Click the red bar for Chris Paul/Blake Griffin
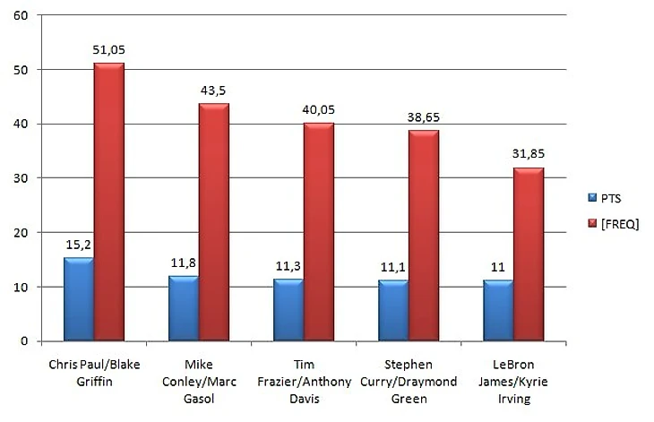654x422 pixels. pyautogui.click(x=108, y=202)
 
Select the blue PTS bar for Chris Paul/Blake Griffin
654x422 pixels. pyautogui.click(x=78, y=299)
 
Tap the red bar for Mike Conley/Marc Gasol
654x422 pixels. pyautogui.click(x=213, y=222)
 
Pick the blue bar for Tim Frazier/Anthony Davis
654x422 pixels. pyautogui.click(x=288, y=310)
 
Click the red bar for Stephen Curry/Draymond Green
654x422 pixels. pyautogui.click(x=423, y=236)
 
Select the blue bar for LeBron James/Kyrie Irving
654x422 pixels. pyautogui.click(x=498, y=311)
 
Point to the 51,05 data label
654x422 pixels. pyautogui.click(x=109, y=51)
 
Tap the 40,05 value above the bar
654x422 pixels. pyautogui.click(x=319, y=111)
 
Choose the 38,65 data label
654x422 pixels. pyautogui.click(x=424, y=118)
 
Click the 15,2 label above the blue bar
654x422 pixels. pyautogui.click(x=78, y=245)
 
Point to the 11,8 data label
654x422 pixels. pyautogui.click(x=183, y=264)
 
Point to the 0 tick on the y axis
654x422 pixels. pyautogui.click(x=23, y=341)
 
